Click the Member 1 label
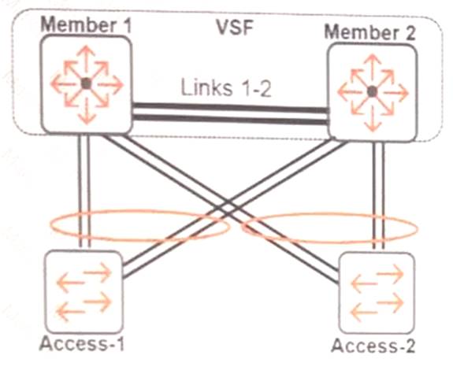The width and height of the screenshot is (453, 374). coord(87,23)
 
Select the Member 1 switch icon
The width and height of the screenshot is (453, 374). coord(86,83)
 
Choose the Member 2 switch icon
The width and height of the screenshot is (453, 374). coord(371,92)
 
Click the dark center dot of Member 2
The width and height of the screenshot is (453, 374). coord(371,92)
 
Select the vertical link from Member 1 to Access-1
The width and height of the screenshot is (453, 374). coord(87,189)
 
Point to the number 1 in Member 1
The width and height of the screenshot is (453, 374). coord(124,24)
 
